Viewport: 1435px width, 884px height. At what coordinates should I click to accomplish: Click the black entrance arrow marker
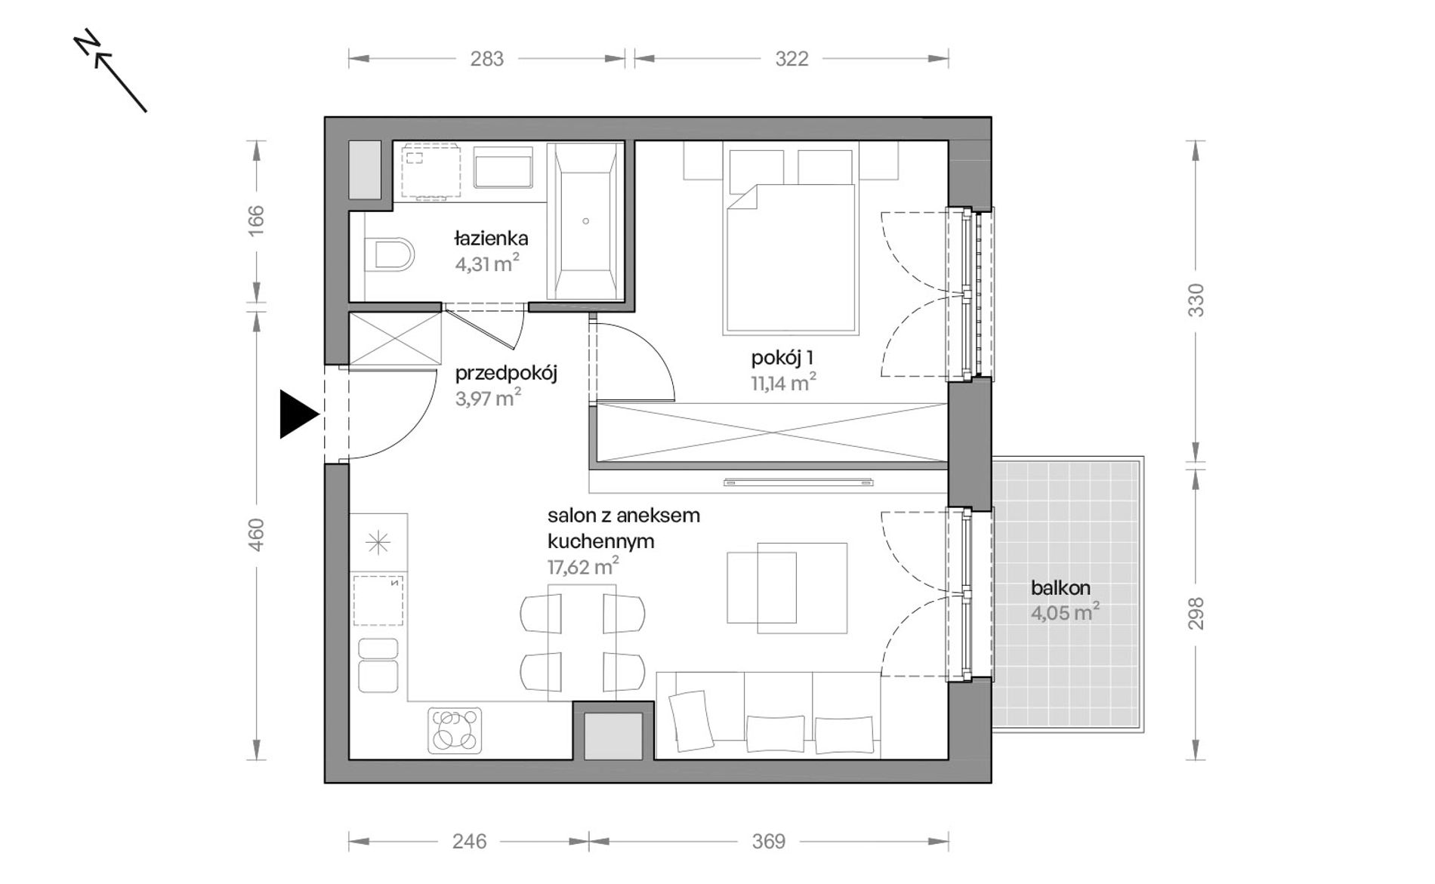click(x=297, y=414)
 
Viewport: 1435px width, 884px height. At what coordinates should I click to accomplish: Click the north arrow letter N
click(x=88, y=43)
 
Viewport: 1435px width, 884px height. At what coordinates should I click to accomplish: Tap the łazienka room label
click(x=491, y=239)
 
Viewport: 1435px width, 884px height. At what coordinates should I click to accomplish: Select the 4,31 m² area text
click(x=486, y=263)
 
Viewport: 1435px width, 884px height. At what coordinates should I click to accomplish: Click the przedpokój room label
click(x=506, y=373)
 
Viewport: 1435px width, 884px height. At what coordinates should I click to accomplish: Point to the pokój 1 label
click(x=782, y=358)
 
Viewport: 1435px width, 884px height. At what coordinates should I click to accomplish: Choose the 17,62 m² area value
click(x=583, y=566)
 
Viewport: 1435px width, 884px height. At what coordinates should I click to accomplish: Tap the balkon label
click(x=1060, y=587)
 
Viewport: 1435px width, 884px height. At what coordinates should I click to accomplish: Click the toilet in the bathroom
click(x=388, y=254)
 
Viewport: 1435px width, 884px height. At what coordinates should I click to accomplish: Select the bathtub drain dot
click(x=585, y=221)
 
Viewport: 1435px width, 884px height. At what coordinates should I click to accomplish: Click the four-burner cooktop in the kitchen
click(x=455, y=730)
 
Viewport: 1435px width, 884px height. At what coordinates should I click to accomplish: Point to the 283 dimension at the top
click(x=486, y=59)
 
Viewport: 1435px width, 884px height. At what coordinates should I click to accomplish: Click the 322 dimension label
click(x=792, y=59)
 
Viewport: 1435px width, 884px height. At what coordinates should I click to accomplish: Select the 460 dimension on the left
click(x=257, y=534)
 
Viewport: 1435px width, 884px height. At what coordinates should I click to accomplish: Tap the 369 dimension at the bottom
click(x=769, y=841)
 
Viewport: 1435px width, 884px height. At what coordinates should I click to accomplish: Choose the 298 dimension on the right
click(x=1196, y=613)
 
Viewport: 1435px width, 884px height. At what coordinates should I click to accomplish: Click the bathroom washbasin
click(x=503, y=167)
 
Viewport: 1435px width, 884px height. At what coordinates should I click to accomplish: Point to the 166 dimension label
click(x=257, y=220)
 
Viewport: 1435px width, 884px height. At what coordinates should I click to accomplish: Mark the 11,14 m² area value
click(x=783, y=383)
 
